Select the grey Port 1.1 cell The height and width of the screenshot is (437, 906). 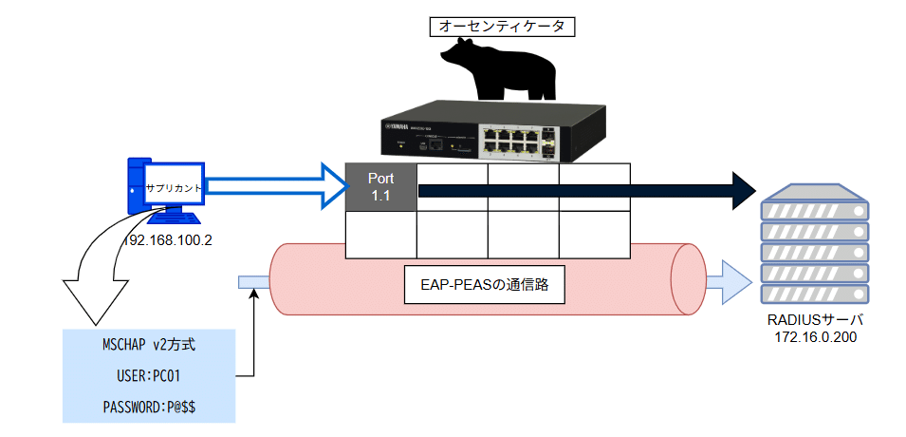pos(380,186)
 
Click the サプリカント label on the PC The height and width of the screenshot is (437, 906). pos(173,188)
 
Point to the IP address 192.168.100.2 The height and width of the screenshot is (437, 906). pos(168,240)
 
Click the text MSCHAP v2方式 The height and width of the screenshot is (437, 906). pos(148,344)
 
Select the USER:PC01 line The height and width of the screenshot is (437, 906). pos(148,376)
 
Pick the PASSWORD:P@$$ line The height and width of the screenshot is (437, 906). pos(148,408)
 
